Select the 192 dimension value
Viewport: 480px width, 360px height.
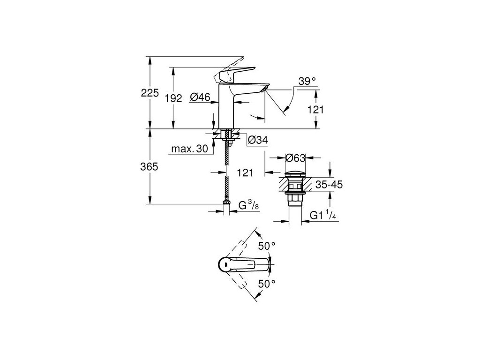(173, 98)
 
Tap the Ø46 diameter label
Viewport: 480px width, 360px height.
(200, 97)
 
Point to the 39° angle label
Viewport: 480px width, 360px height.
(307, 82)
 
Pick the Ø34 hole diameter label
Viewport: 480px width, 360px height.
(257, 139)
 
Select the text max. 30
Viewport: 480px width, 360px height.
(189, 149)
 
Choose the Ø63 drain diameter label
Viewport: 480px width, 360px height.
(296, 158)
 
